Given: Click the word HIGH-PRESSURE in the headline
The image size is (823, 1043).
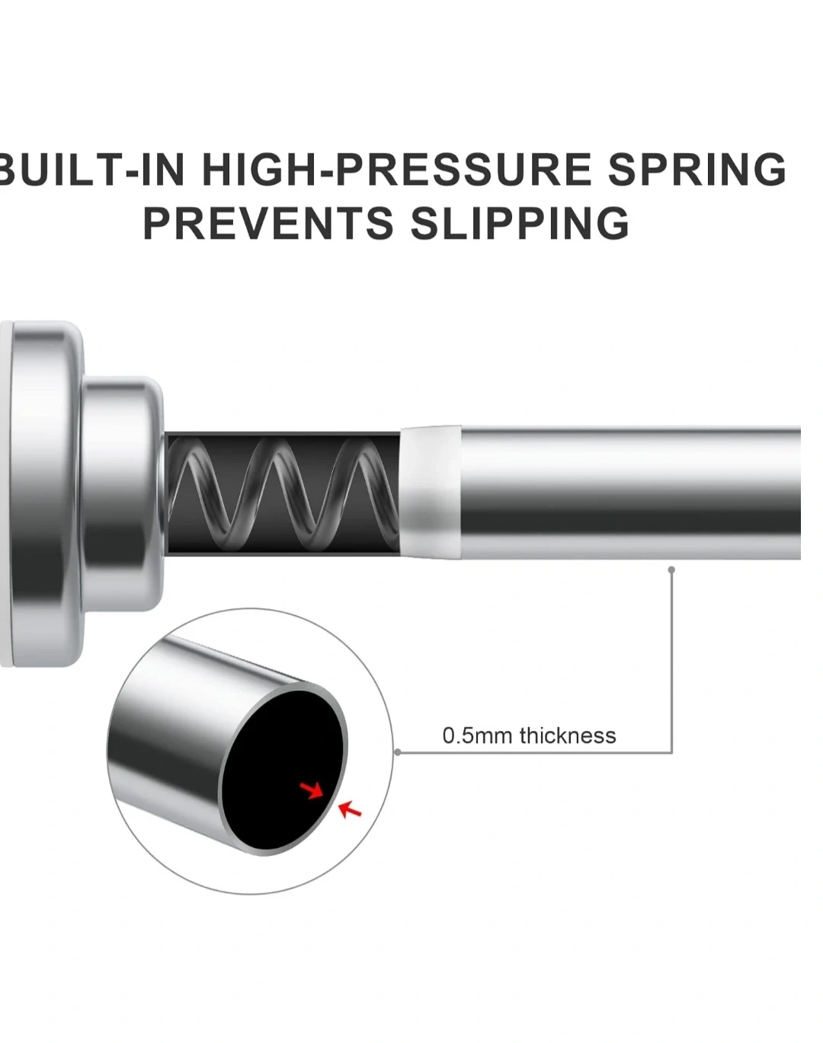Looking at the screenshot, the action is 396,170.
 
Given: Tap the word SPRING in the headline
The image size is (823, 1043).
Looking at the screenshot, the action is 697,170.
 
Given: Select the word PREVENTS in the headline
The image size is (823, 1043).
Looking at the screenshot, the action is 268,223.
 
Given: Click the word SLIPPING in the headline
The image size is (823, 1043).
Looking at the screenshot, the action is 520,223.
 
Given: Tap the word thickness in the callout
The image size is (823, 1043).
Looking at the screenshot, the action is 568,735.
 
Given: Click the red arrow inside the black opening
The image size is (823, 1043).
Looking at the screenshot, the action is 311,790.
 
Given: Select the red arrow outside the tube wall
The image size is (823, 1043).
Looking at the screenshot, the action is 349,810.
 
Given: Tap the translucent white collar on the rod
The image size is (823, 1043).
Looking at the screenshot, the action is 431,492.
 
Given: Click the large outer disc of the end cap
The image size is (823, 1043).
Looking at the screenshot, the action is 43,493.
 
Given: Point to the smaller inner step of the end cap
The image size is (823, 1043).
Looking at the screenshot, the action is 122,493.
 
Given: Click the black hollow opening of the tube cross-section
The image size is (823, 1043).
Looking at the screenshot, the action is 283,770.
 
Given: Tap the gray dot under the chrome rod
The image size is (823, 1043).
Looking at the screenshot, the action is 671,569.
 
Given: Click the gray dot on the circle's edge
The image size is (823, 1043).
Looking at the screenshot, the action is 398,752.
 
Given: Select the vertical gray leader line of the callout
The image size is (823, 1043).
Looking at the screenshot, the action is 671,661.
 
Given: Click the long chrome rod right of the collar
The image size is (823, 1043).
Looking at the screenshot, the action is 631,493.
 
